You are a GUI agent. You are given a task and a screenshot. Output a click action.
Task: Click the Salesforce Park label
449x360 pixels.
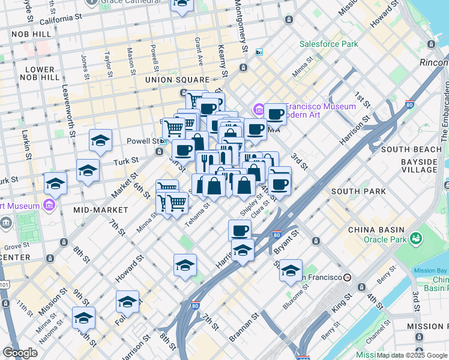pyautogui.click(x=328, y=44)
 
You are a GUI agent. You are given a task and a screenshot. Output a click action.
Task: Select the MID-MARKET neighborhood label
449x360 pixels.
pyautogui.click(x=100, y=210)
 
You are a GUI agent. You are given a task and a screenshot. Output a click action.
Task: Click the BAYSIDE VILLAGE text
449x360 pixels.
pyautogui.click(x=418, y=166)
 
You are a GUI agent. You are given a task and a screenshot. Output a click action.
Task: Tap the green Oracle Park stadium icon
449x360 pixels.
pyautogui.click(x=415, y=239)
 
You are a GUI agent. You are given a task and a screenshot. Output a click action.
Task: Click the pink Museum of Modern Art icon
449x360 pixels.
pyautogui.click(x=259, y=109)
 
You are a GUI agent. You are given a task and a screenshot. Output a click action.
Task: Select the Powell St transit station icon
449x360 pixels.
pyautogui.click(x=163, y=141)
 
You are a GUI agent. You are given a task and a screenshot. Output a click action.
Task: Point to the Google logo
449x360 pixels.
pyautogui.click(x=20, y=353)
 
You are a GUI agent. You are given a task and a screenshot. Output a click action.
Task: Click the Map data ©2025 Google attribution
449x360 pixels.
pyautogui.click(x=412, y=355)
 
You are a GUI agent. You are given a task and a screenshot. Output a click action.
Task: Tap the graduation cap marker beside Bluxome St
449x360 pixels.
pyautogui.click(x=291, y=271)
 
